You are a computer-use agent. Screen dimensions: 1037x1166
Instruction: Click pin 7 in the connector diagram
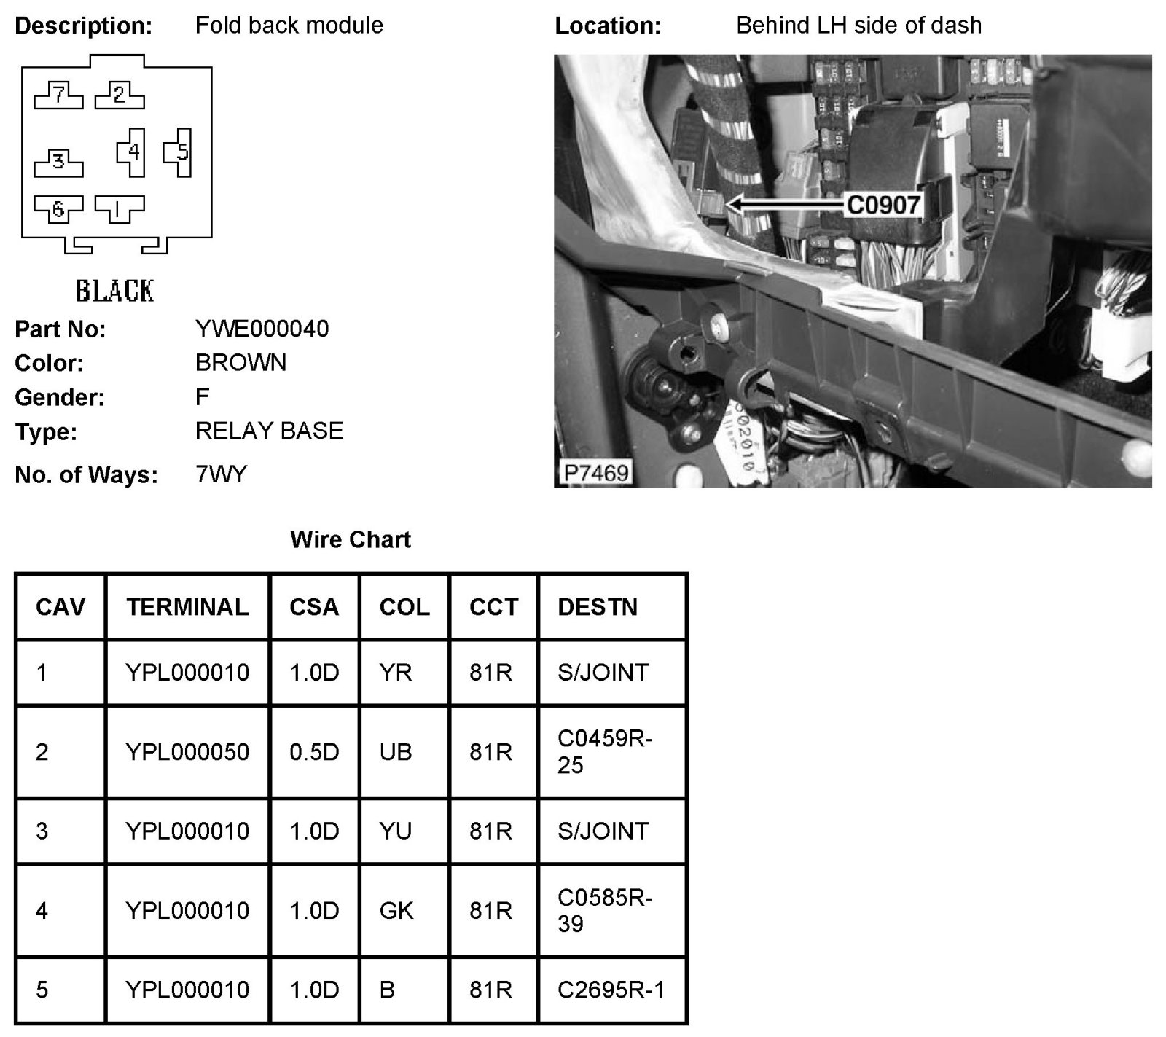[58, 95]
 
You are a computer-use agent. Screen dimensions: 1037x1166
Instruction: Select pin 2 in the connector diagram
[120, 95]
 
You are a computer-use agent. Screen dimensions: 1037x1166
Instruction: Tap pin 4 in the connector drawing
[133, 152]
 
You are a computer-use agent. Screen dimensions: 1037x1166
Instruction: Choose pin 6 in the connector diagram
[58, 210]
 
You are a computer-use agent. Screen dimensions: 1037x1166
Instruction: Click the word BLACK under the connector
[114, 291]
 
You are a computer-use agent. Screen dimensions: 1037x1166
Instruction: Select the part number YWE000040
[262, 329]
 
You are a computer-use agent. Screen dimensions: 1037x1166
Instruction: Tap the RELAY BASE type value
[269, 431]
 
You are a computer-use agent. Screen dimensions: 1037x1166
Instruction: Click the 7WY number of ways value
[221, 474]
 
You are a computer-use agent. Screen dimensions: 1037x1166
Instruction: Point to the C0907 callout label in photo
[883, 205]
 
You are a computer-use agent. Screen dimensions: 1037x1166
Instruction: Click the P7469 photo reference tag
[596, 473]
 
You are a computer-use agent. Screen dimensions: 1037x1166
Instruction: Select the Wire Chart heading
[351, 539]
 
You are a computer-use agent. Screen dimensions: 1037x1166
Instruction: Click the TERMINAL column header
[187, 607]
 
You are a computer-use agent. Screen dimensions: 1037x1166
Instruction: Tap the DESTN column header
[598, 607]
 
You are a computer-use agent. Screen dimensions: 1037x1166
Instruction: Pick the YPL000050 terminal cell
[187, 751]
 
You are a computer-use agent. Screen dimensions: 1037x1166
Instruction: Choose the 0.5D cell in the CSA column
[314, 751]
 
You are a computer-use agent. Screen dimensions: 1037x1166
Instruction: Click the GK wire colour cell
[396, 910]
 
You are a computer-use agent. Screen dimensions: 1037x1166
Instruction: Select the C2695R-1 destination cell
[611, 990]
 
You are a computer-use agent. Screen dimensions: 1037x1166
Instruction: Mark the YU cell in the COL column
[396, 831]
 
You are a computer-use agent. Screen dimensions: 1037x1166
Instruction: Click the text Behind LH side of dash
[858, 26]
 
